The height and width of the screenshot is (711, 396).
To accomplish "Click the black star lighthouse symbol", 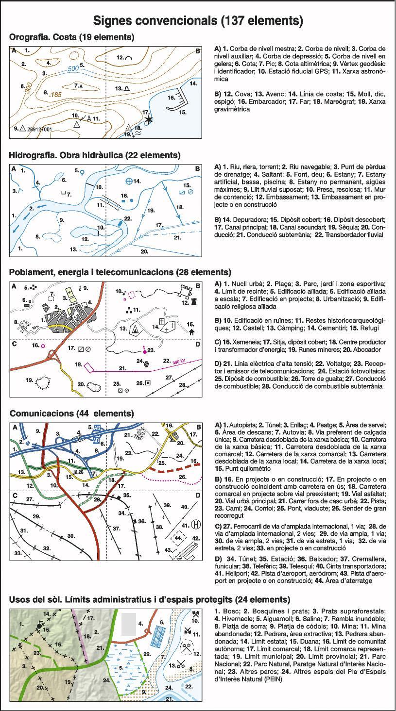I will (148, 119).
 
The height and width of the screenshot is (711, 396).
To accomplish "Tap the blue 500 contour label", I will (73, 68).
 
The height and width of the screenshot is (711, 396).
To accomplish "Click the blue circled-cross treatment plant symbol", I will (129, 181).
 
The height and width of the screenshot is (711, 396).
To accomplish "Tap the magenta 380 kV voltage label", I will (180, 361).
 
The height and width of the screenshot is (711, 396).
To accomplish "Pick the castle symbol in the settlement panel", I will (185, 292).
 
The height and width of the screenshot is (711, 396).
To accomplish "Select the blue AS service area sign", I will (97, 428).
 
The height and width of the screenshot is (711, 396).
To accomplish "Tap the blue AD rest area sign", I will (97, 439).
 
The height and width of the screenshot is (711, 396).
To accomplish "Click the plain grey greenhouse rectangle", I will (128, 624).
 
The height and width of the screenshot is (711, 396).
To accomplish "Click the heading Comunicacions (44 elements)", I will (71, 413).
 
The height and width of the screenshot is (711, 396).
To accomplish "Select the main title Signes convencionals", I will (198, 21).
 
